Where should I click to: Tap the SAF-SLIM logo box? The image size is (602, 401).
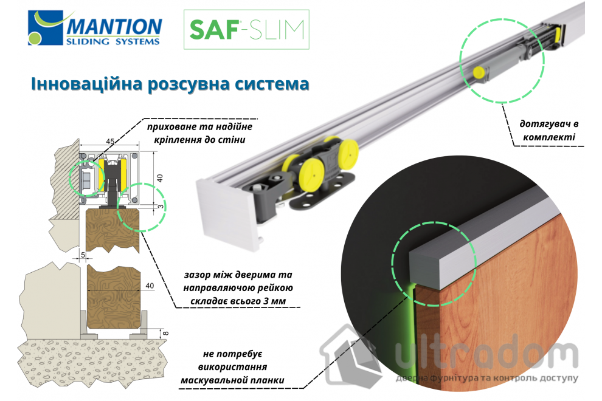[x=246, y=29]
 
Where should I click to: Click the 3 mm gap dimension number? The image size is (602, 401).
[x=160, y=207]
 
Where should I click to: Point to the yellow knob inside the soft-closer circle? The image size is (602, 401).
[x=479, y=72]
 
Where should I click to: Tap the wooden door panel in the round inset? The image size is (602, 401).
[x=499, y=304]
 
